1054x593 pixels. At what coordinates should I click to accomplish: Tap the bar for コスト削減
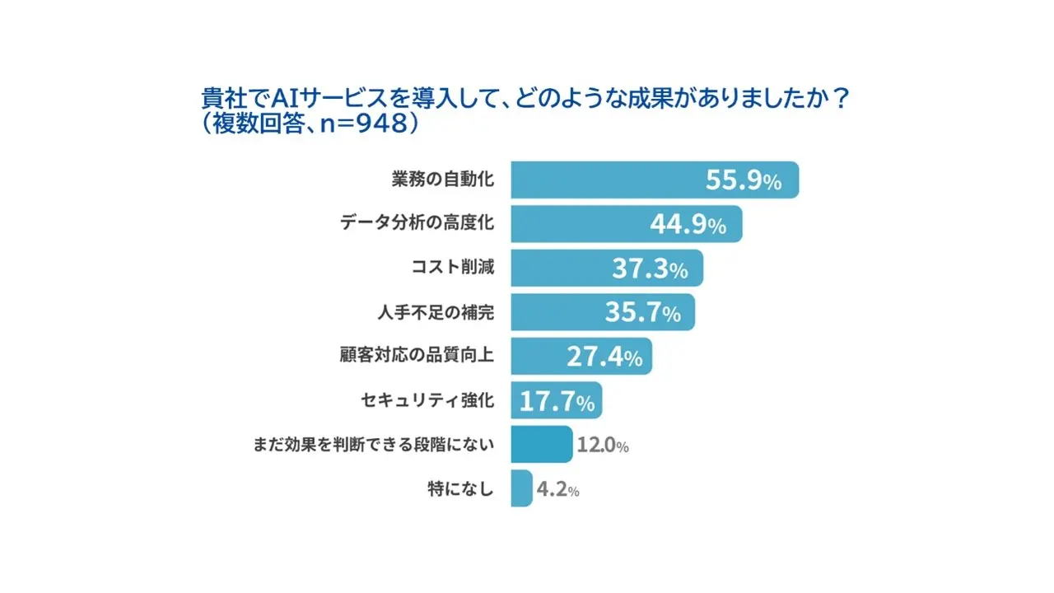tap(560, 268)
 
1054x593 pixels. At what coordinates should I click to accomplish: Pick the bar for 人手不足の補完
tap(556, 312)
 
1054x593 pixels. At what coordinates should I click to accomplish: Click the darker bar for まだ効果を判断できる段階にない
tap(541, 445)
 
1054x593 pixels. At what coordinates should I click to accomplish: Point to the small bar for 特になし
tap(521, 489)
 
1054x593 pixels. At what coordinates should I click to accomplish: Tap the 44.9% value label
tap(688, 225)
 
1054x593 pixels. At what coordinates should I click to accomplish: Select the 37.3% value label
tap(649, 268)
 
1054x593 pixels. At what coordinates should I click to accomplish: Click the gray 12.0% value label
tap(603, 446)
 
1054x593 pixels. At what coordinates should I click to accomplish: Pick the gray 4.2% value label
tap(557, 490)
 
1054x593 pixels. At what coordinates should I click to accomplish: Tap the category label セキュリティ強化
tap(427, 401)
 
